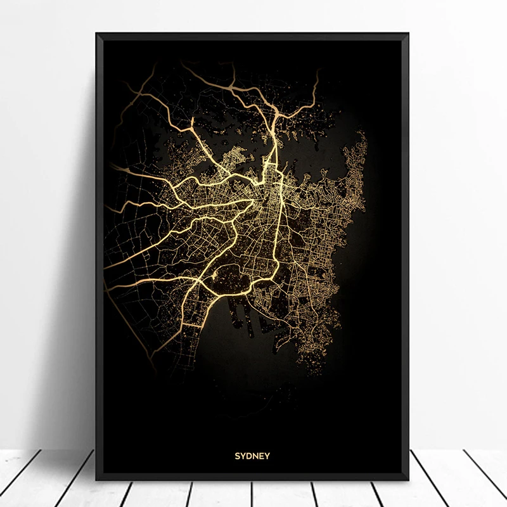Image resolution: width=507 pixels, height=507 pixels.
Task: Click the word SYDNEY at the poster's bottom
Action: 253,455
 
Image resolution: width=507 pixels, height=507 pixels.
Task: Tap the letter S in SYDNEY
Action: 238,455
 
